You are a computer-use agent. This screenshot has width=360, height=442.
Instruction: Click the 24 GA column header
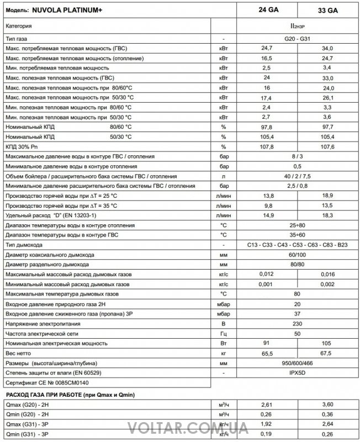[268, 10]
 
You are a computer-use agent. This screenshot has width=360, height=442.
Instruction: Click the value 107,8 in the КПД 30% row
[267, 146]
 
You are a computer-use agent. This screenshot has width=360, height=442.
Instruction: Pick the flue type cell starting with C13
[298, 245]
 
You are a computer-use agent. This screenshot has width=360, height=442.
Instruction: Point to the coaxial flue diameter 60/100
[298, 255]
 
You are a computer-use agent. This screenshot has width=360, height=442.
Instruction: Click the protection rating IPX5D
[298, 373]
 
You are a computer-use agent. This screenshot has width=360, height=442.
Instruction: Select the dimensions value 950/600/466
[298, 363]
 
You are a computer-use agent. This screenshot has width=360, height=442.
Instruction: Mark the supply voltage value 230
[298, 323]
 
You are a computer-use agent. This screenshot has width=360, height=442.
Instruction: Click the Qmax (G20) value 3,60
[328, 406]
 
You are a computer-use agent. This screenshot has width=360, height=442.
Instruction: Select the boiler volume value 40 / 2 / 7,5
[298, 176]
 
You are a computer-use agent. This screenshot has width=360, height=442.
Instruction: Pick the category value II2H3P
[298, 26]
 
